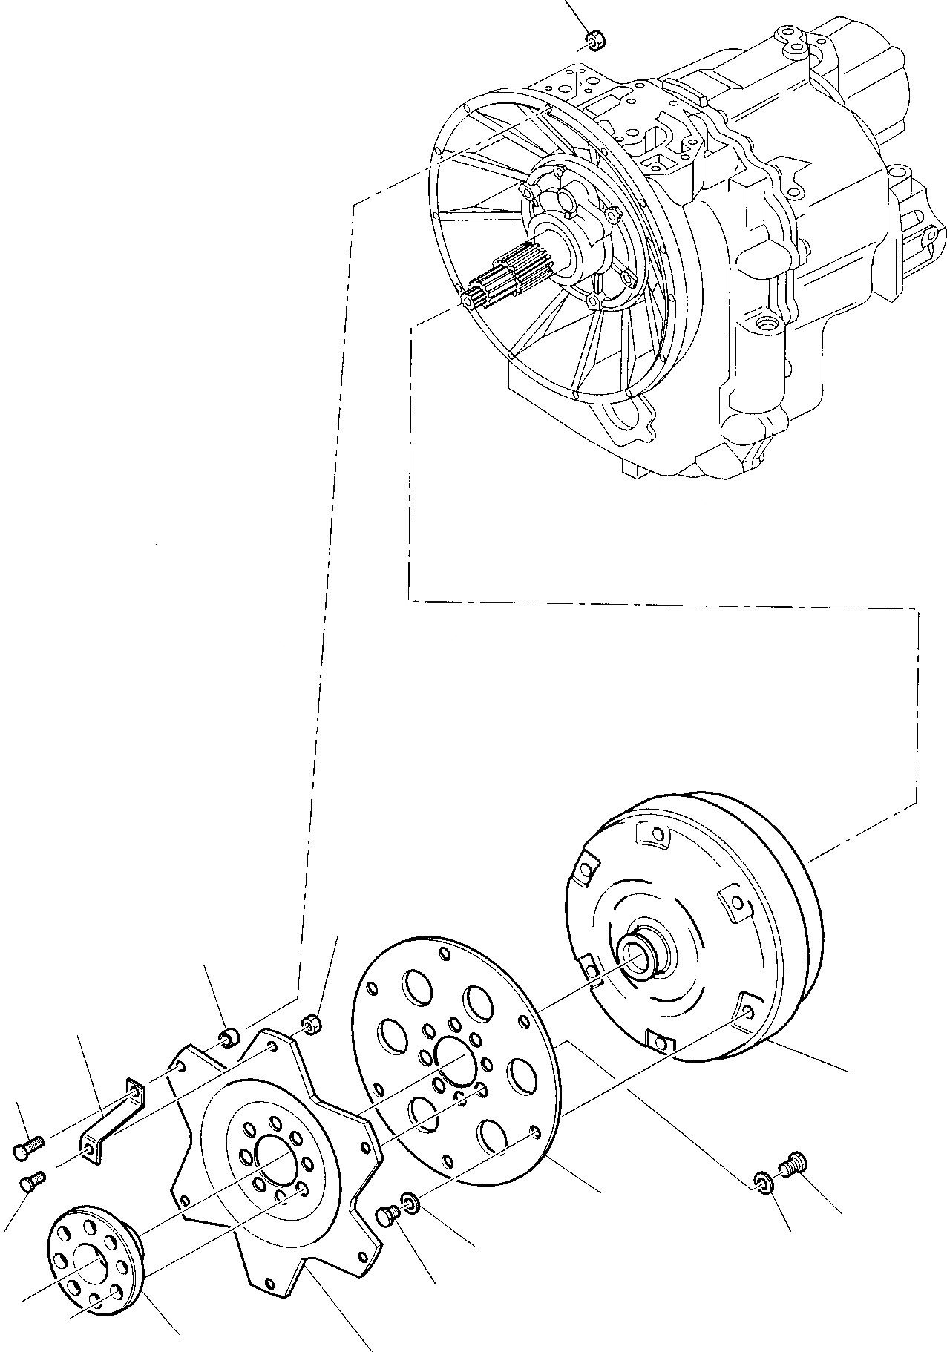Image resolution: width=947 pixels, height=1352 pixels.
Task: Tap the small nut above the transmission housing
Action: coord(594,39)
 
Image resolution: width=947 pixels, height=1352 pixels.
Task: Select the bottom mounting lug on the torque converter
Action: coord(658,1041)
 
